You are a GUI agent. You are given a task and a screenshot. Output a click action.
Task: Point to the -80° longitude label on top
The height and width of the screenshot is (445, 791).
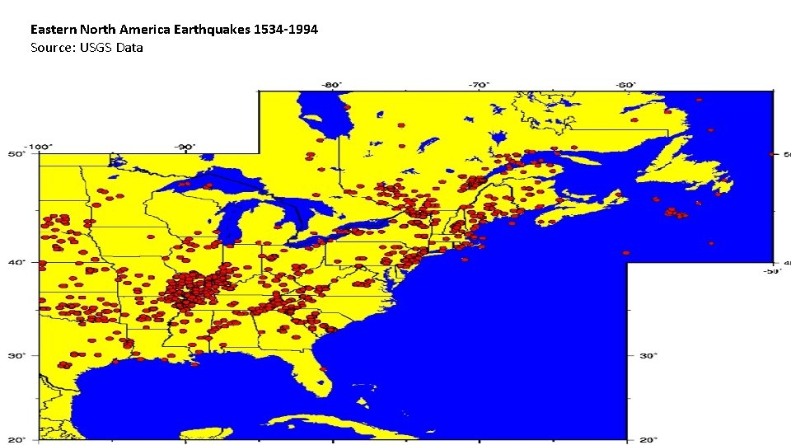[331, 84]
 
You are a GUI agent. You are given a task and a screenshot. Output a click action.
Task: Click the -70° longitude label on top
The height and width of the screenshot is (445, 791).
[479, 84]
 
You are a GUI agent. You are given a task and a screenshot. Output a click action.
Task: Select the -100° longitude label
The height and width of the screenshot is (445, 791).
[38, 147]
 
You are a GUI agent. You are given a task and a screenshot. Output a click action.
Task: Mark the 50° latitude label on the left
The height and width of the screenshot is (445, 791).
[16, 153]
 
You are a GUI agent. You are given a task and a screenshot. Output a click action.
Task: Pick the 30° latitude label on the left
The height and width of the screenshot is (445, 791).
[16, 355]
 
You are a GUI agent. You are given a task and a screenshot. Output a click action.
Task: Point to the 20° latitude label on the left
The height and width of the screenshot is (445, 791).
[16, 438]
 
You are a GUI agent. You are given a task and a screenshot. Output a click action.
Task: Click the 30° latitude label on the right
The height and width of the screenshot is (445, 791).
[648, 355]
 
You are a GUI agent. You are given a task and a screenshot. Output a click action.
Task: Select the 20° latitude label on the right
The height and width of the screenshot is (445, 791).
[648, 438]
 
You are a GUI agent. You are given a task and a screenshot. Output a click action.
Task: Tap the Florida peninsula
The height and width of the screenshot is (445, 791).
[321, 367]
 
